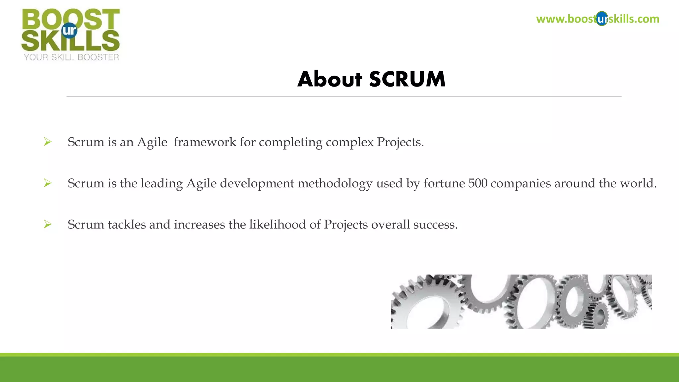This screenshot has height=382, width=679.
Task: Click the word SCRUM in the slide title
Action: (x=407, y=79)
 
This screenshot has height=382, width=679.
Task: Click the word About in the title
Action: (x=330, y=79)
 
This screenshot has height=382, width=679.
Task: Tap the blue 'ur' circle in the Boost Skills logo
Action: (x=69, y=31)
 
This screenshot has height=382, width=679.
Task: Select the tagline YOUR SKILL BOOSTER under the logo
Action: (x=71, y=57)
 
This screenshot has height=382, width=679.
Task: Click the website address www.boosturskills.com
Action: (x=597, y=19)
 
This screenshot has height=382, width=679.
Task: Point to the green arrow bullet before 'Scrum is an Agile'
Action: (x=48, y=142)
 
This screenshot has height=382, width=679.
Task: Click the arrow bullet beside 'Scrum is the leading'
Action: (x=48, y=183)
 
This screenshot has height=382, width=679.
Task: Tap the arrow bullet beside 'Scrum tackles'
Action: (x=48, y=224)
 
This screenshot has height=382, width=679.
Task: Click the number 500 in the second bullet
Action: (x=478, y=183)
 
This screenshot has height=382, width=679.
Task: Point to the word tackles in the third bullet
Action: (x=127, y=224)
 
